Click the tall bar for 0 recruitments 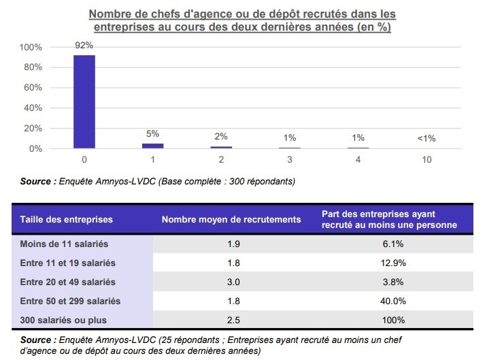[84, 102]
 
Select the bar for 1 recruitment [152, 146]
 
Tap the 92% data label [84, 46]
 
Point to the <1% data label [426, 138]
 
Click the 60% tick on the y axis [32, 88]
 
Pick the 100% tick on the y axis [31, 48]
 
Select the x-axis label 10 [426, 161]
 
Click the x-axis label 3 [290, 161]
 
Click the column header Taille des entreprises [67, 220]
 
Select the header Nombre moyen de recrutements [231, 220]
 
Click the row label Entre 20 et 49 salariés [68, 282]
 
